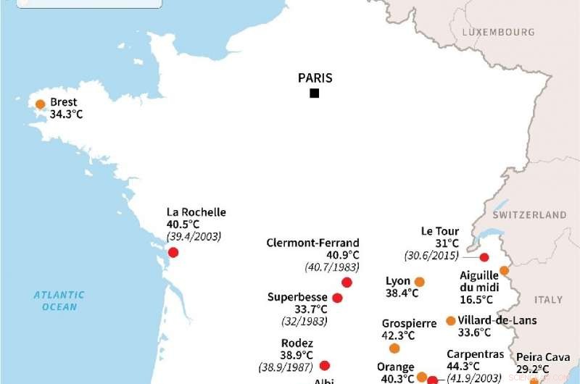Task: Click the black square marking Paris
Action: coord(314,93)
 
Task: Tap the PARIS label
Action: coord(315,78)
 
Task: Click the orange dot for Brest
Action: coord(41,104)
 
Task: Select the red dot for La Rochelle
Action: coord(173,252)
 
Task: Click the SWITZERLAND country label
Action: coord(529,215)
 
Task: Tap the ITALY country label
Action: coord(548,299)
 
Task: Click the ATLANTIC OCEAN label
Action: coord(59,301)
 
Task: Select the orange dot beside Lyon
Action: coord(419,282)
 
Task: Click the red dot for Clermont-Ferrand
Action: coord(347,283)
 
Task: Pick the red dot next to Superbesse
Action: coord(337,298)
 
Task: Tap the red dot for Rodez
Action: coord(324,366)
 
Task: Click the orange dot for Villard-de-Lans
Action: coord(451,320)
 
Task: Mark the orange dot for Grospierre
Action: coord(394,348)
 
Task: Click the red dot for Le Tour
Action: coord(484,257)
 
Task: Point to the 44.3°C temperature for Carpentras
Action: coord(463,366)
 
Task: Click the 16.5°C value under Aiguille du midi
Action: coord(476,299)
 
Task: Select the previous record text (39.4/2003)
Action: coord(194,237)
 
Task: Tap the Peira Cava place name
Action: coord(542,357)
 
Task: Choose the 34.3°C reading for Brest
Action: coord(66,114)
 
